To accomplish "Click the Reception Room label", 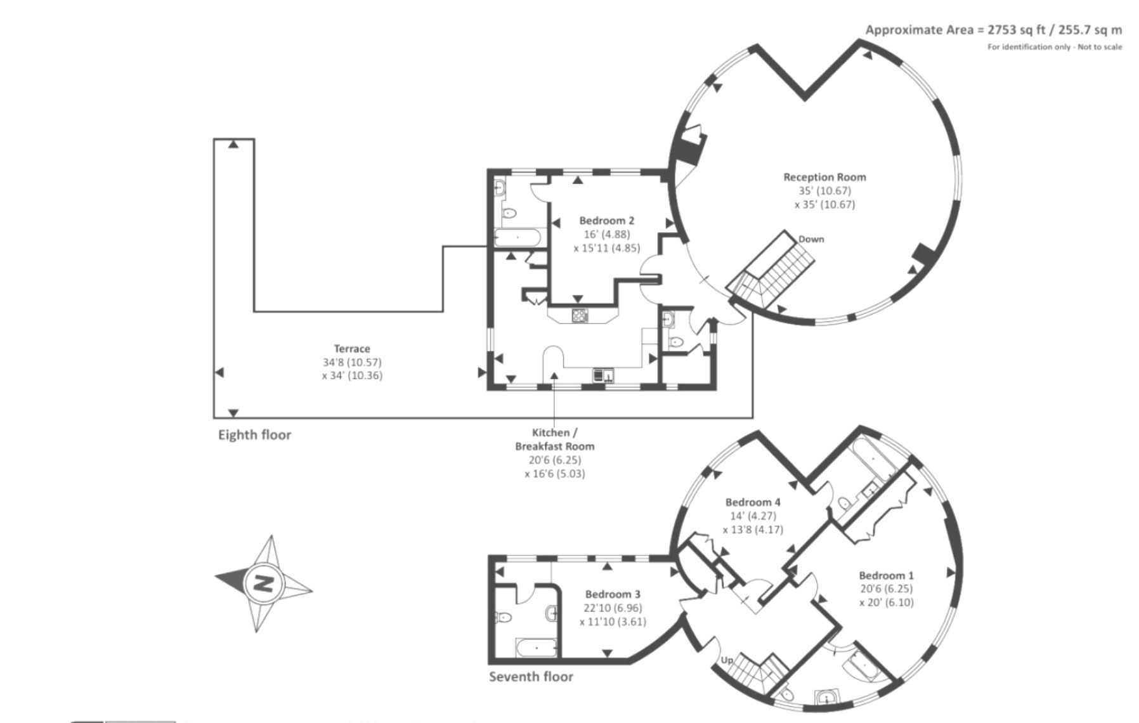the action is (x=824, y=177).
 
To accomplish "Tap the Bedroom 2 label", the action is (x=606, y=221).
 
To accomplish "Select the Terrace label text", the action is (x=352, y=349).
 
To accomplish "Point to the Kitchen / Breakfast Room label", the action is (x=555, y=439).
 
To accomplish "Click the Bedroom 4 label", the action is (x=753, y=502).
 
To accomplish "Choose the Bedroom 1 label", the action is (x=887, y=576).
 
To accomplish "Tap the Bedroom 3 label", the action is (x=613, y=594).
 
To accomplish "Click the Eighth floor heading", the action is (x=254, y=435).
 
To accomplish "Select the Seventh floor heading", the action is (x=531, y=677).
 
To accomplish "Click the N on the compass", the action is (x=263, y=583).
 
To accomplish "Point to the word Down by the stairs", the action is (x=811, y=239).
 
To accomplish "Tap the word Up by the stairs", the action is (x=727, y=660).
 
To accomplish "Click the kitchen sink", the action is (x=603, y=375).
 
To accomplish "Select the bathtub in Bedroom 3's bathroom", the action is (x=537, y=648).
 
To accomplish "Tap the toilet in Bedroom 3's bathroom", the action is (x=504, y=616).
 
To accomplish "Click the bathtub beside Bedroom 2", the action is (x=517, y=238).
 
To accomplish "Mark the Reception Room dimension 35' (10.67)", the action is (x=824, y=191).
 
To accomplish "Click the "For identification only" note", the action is (x=1055, y=47).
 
